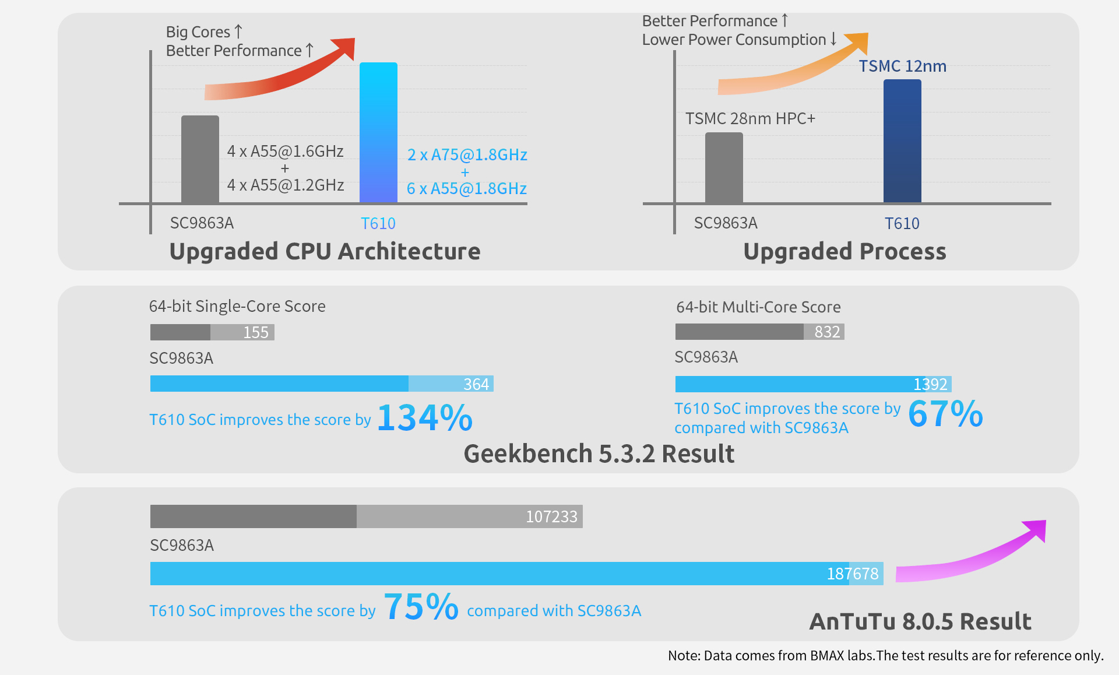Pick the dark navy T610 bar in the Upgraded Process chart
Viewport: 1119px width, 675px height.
pyautogui.click(x=902, y=141)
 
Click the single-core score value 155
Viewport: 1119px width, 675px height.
pyautogui.click(x=256, y=332)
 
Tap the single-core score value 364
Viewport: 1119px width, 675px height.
pyautogui.click(x=476, y=384)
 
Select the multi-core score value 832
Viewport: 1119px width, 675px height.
pyautogui.click(x=827, y=332)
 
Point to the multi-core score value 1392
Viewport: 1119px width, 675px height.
pyautogui.click(x=930, y=384)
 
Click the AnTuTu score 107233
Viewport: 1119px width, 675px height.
pyautogui.click(x=551, y=516)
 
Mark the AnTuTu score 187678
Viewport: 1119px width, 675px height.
pyautogui.click(x=853, y=574)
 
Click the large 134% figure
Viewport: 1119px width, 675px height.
pyautogui.click(x=425, y=418)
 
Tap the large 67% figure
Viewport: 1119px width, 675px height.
pyautogui.click(x=945, y=414)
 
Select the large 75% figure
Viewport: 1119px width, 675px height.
pyautogui.click(x=421, y=607)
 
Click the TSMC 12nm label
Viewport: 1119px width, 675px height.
pyautogui.click(x=902, y=66)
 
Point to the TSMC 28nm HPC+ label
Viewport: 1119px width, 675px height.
pyautogui.click(x=750, y=119)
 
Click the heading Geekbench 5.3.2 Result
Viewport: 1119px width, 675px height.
pyautogui.click(x=599, y=453)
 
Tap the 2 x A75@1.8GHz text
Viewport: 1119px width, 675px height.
pyautogui.click(x=467, y=154)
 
